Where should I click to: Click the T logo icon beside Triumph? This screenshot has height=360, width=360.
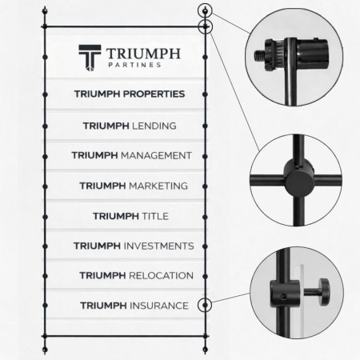pos(90,58)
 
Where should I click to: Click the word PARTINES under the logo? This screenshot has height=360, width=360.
pos(134,65)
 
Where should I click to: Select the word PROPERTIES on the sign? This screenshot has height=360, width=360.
pos(154,94)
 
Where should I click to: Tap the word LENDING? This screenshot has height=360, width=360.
pos(154,126)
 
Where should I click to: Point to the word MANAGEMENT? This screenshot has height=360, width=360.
pos(156,155)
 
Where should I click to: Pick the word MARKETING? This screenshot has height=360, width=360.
pos(158,186)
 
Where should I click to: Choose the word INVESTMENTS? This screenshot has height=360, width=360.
pos(159,246)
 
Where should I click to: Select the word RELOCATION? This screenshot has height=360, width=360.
pos(161,275)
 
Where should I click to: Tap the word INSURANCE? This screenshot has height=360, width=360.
pos(159,306)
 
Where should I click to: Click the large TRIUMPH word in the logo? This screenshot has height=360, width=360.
pos(143,54)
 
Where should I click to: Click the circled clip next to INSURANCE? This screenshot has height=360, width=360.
pos(205,305)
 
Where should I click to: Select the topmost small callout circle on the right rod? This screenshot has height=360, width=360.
pos(205,11)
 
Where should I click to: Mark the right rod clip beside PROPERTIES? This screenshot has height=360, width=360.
pos(205,94)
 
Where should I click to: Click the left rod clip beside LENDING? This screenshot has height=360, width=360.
pos(45,126)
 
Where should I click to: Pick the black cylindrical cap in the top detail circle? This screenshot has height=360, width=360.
pos(312,52)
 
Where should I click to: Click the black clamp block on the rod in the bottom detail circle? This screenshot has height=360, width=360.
pos(285,293)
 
